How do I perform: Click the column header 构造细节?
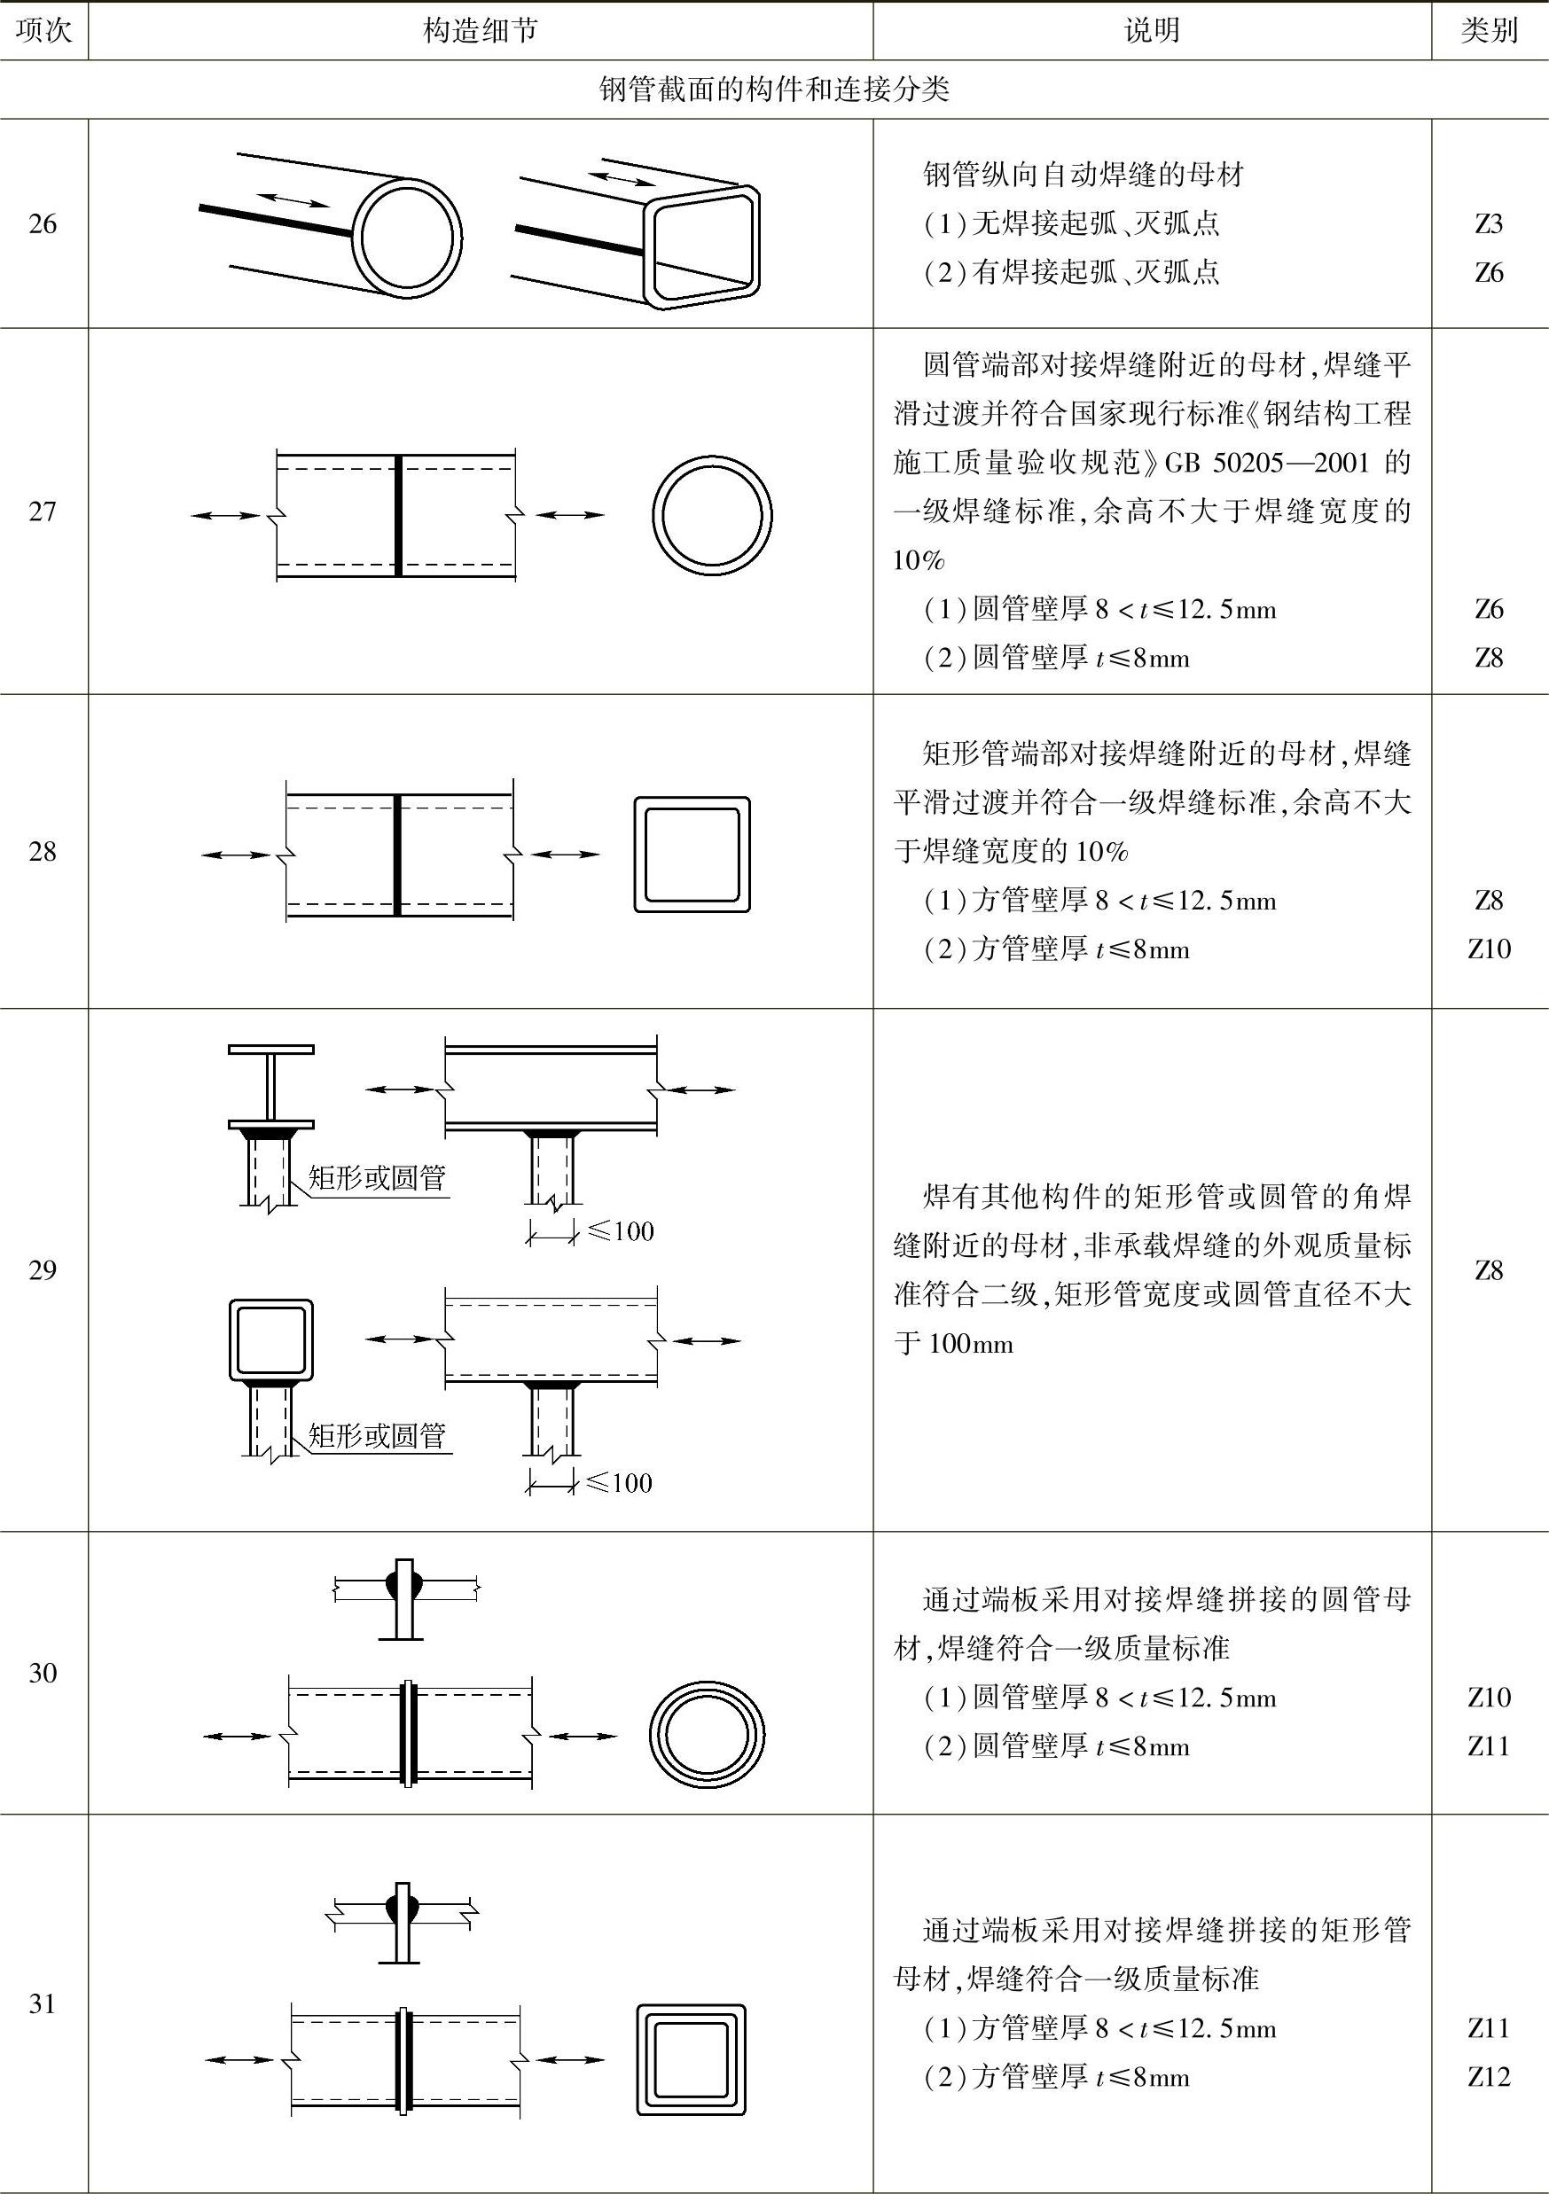(480, 30)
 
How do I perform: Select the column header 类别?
(1489, 30)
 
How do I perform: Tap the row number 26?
(43, 223)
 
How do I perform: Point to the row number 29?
(43, 1270)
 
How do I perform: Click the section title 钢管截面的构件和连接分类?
(774, 90)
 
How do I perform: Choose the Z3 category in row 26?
(1489, 223)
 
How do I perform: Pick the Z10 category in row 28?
(1489, 949)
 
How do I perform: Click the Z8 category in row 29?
(1489, 1270)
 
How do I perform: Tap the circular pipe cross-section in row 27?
(712, 515)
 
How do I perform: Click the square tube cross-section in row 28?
(692, 855)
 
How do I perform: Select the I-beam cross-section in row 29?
(271, 1088)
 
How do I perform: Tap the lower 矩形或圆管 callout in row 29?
(378, 1435)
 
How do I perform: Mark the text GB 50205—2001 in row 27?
(1267, 464)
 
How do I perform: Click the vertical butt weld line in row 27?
(398, 515)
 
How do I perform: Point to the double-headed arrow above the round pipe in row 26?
(295, 199)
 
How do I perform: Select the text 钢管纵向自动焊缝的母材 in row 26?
(1083, 175)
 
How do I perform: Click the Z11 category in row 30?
(1489, 1745)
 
